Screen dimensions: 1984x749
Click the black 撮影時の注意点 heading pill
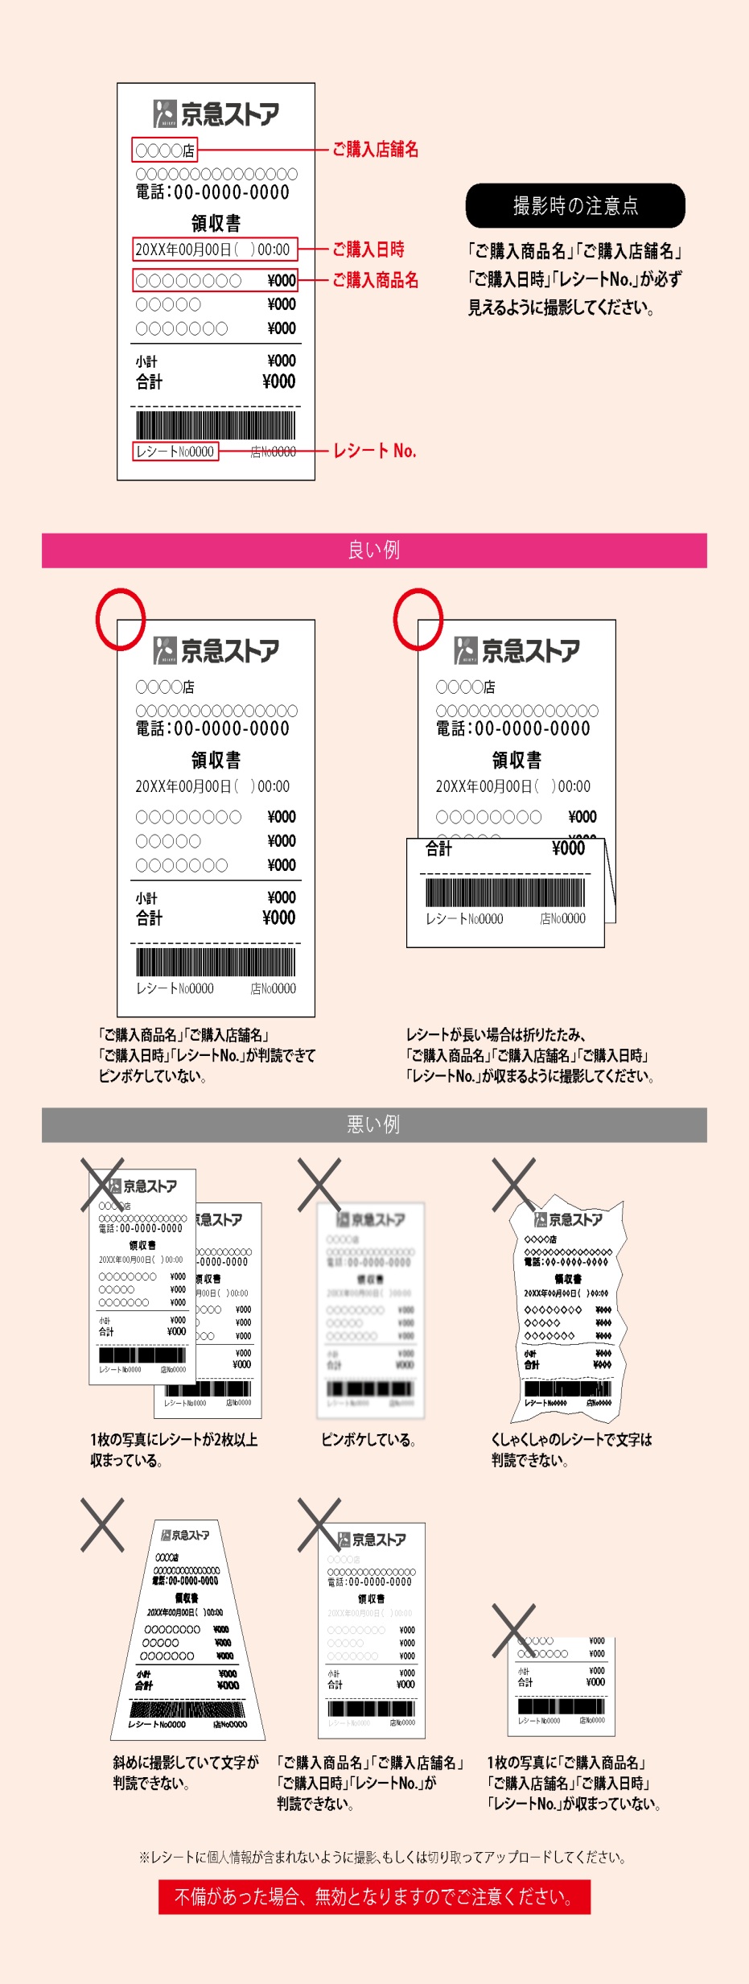575,206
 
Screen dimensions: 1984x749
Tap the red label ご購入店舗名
375,150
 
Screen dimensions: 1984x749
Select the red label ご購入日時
368,250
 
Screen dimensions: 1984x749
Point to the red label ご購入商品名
375,280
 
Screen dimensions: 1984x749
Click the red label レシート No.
374,451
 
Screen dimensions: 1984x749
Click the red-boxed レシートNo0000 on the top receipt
175,452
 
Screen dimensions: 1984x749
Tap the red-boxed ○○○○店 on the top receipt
165,150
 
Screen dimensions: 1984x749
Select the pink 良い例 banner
374,551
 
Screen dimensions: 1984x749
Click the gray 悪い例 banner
374,1124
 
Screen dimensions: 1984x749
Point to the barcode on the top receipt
216,425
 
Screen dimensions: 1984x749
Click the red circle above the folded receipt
418,618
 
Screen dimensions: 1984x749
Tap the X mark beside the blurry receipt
319,1184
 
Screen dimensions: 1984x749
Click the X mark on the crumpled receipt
514,1184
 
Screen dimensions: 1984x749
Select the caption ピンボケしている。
368,1440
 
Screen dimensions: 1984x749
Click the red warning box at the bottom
374,1896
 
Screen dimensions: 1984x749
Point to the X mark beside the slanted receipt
102,1524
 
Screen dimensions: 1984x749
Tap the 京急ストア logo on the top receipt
216,113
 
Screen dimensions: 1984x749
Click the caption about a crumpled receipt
571,1450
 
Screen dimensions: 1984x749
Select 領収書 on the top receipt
216,223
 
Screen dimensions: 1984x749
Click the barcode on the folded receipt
505,893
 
